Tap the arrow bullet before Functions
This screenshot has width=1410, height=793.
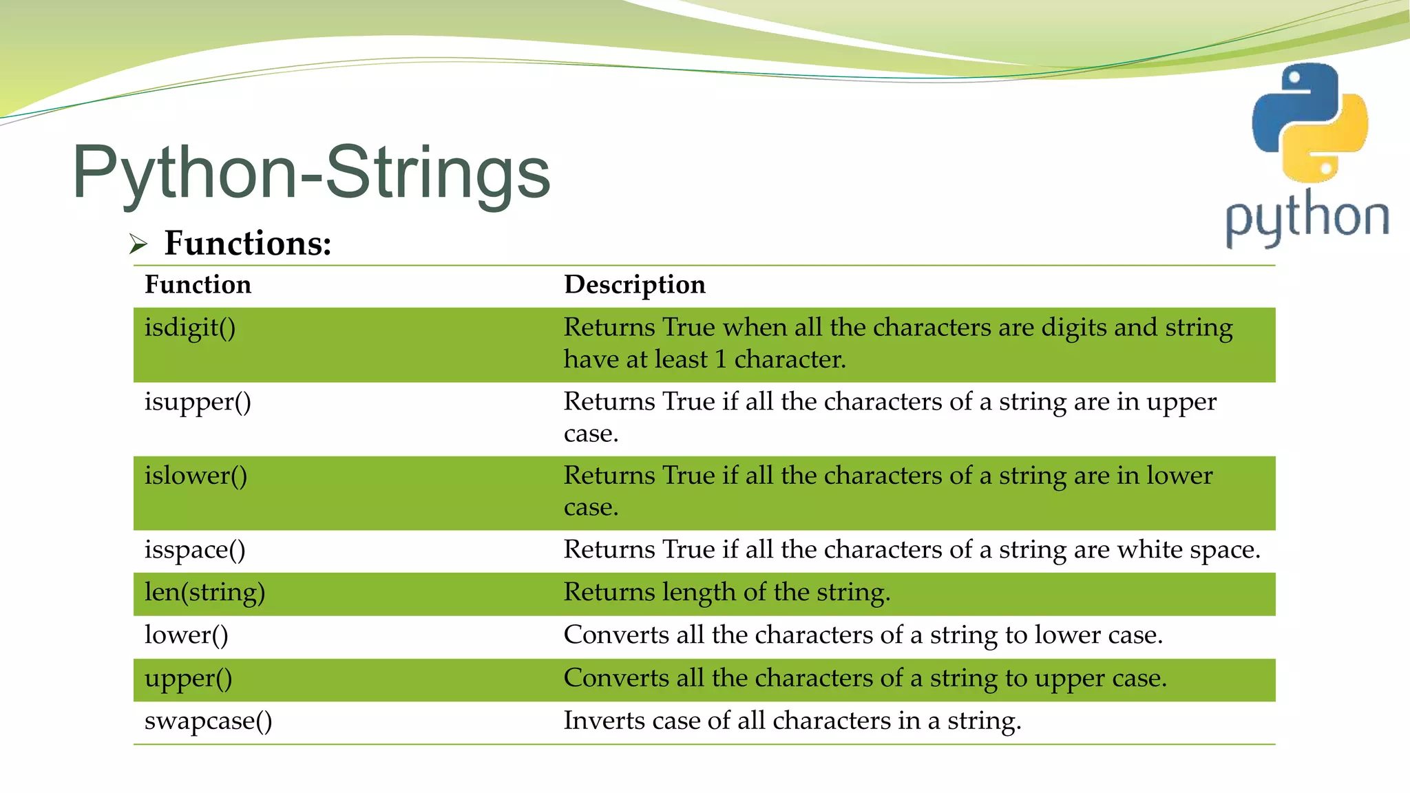click(138, 244)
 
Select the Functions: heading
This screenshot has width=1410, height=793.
click(248, 243)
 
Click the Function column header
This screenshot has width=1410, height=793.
click(198, 284)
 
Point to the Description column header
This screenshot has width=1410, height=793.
click(634, 284)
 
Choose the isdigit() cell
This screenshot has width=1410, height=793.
click(190, 328)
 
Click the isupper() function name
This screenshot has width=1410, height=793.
click(198, 401)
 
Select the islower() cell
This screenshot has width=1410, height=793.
click(196, 476)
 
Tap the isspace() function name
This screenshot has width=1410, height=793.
click(195, 550)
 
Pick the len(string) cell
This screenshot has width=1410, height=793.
click(204, 592)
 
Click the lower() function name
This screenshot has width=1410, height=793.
click(186, 635)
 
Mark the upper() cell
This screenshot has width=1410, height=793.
click(188, 679)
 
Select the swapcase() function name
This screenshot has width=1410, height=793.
click(208, 721)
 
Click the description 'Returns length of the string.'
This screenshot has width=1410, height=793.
click(727, 592)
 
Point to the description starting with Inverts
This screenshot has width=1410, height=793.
click(792, 721)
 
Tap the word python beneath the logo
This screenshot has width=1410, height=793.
click(1307, 217)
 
